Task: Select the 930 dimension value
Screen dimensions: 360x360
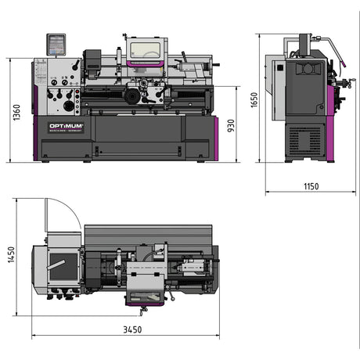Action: (x=232, y=125)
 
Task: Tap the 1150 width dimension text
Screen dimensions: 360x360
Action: (x=312, y=185)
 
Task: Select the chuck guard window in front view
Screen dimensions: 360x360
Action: (x=145, y=50)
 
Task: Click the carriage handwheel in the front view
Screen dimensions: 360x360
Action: (x=131, y=96)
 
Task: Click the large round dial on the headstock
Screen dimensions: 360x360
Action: (x=69, y=105)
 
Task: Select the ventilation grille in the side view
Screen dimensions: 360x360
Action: (x=303, y=140)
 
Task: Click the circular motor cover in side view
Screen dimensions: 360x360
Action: (x=308, y=70)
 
